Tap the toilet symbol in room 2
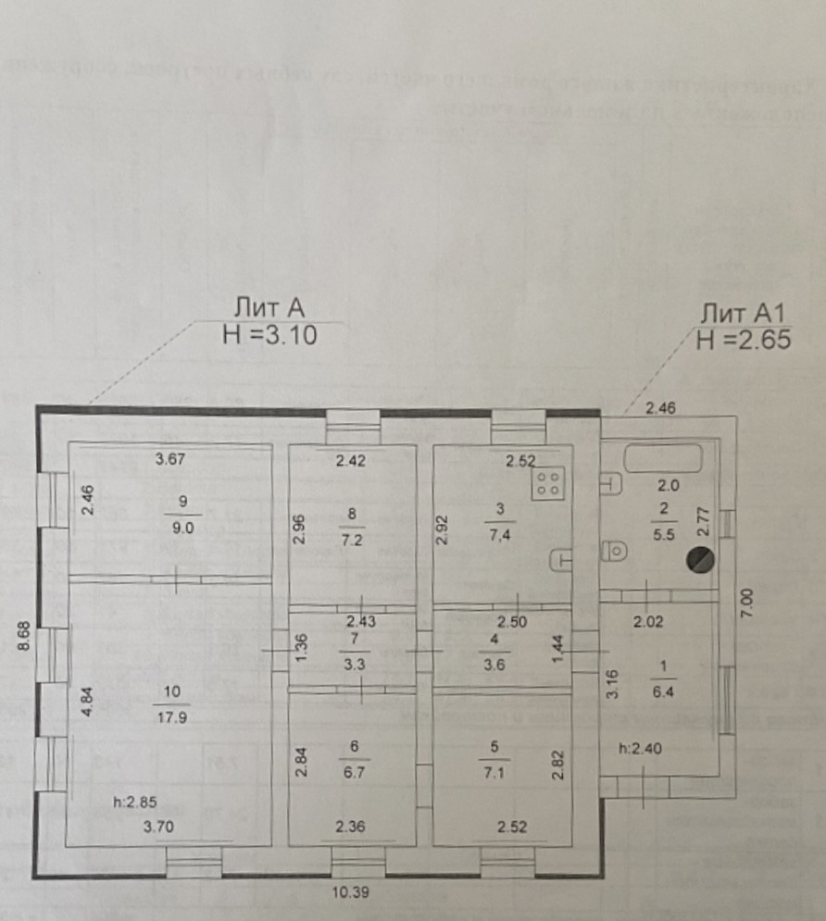[x=614, y=551]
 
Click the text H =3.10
[x=270, y=337]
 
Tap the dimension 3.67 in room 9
[x=172, y=458]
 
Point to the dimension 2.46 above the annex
[x=662, y=405]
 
